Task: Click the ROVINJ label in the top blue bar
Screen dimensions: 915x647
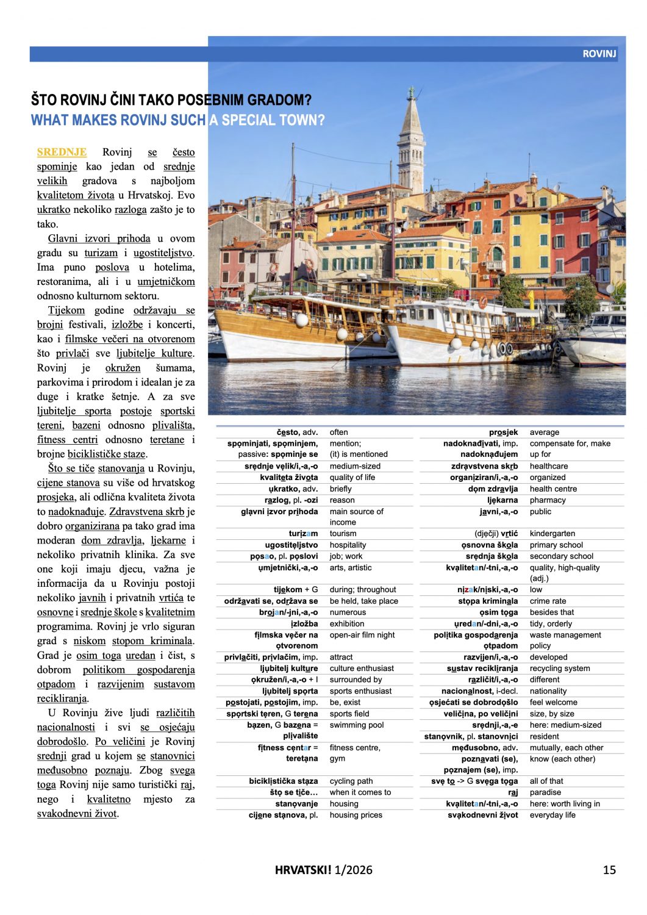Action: tap(599, 54)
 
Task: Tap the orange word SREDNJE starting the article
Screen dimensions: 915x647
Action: tap(62, 152)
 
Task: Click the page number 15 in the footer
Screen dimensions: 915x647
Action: tap(609, 870)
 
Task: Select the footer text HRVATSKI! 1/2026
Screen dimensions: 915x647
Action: tap(323, 870)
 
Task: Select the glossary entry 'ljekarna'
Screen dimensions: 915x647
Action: tap(502, 500)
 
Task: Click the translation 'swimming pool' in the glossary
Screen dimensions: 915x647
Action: tap(357, 725)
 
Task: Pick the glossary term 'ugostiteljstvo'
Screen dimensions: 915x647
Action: tap(291, 545)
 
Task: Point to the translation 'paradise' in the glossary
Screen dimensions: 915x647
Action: tap(545, 792)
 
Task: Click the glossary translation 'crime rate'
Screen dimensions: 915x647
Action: tap(548, 601)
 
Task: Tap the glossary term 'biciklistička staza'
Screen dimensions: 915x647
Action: tap(283, 781)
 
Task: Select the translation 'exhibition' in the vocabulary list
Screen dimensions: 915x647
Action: tap(347, 623)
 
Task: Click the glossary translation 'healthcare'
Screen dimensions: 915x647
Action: tap(548, 466)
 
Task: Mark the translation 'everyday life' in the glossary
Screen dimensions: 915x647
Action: tap(552, 815)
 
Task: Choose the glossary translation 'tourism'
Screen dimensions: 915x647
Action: tap(343, 533)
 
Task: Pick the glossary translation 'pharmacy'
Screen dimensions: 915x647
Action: tap(548, 500)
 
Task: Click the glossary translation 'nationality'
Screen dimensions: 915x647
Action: tap(548, 691)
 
